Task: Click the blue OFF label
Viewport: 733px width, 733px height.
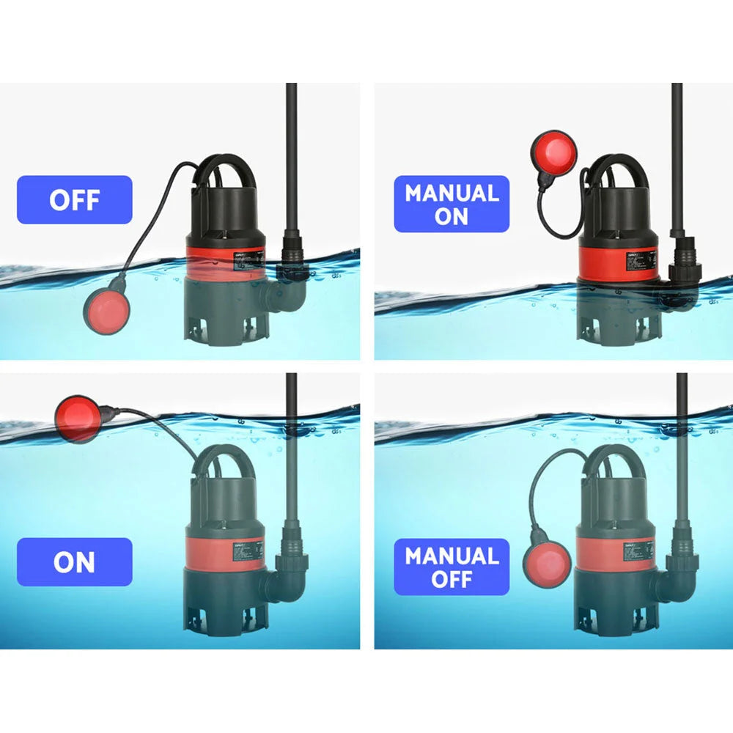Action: (x=74, y=199)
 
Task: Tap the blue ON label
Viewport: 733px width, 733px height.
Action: (x=74, y=562)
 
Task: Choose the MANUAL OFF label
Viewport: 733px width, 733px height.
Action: (x=452, y=567)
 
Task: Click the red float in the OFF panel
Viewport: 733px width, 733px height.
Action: (x=106, y=309)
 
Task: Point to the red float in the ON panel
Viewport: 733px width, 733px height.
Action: (x=78, y=419)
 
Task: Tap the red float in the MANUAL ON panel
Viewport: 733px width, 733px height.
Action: (x=553, y=152)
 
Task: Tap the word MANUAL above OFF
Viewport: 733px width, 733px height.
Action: (x=452, y=556)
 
